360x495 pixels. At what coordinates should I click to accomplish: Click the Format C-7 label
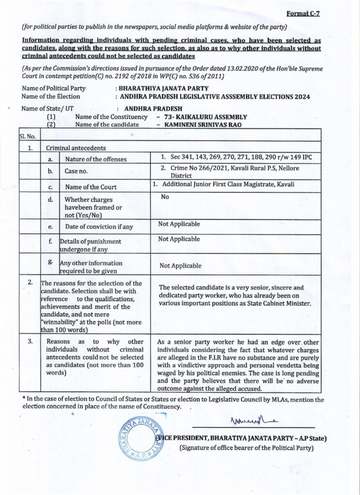pos(303,14)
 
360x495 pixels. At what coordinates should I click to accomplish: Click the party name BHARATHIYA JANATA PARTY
pos(165,88)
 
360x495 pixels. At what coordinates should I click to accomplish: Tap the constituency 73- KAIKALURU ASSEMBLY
pos(206,117)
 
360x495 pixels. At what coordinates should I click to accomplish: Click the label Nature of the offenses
pos(96,159)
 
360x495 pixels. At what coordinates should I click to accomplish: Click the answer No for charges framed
pos(165,197)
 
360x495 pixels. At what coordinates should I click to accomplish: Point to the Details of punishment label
pos(90,245)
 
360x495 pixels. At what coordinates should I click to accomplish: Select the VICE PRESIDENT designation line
pos(240,438)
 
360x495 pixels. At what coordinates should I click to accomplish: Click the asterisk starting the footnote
pos(24,399)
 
